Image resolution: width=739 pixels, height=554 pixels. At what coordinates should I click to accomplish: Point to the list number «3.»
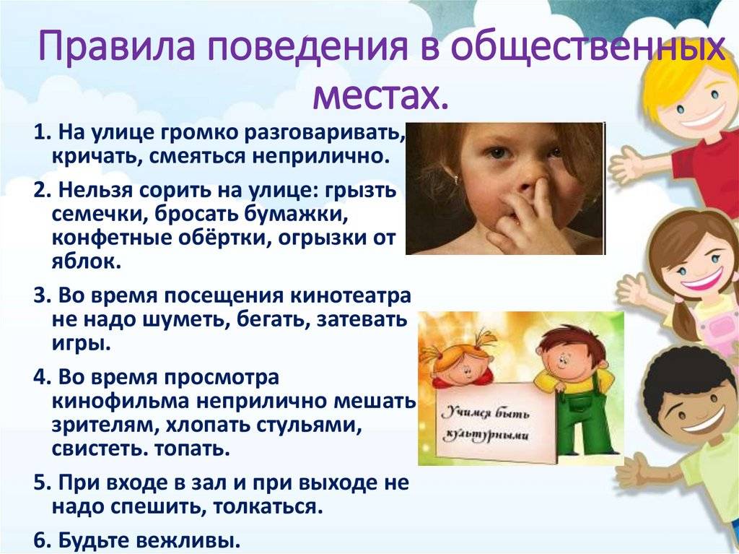coord(43,296)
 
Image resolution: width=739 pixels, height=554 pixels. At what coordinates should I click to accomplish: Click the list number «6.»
coord(43,540)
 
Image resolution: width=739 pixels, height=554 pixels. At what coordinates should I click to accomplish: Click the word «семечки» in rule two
coord(95,215)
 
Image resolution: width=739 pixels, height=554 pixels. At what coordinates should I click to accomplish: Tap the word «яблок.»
coord(87,261)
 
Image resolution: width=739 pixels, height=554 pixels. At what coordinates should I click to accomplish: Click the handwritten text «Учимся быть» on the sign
coord(486,415)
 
